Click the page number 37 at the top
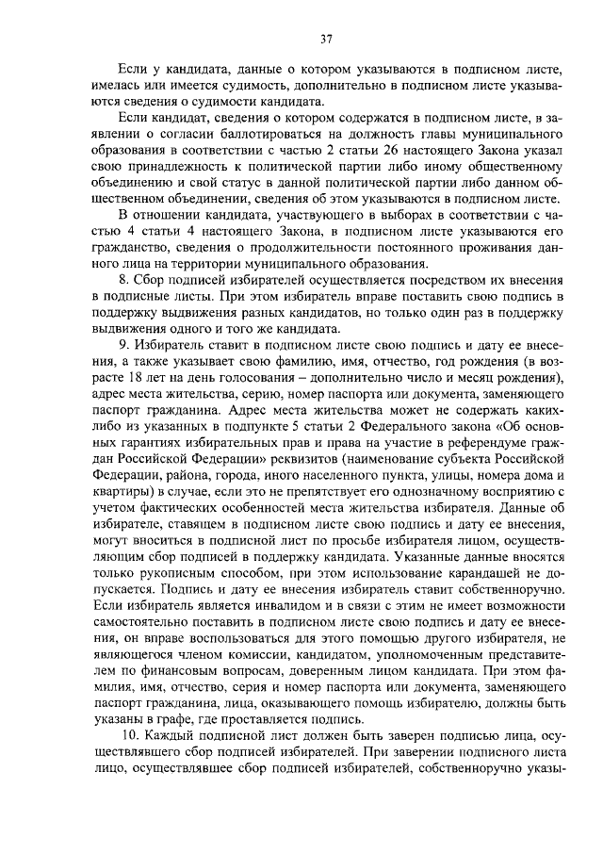tap(326, 39)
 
